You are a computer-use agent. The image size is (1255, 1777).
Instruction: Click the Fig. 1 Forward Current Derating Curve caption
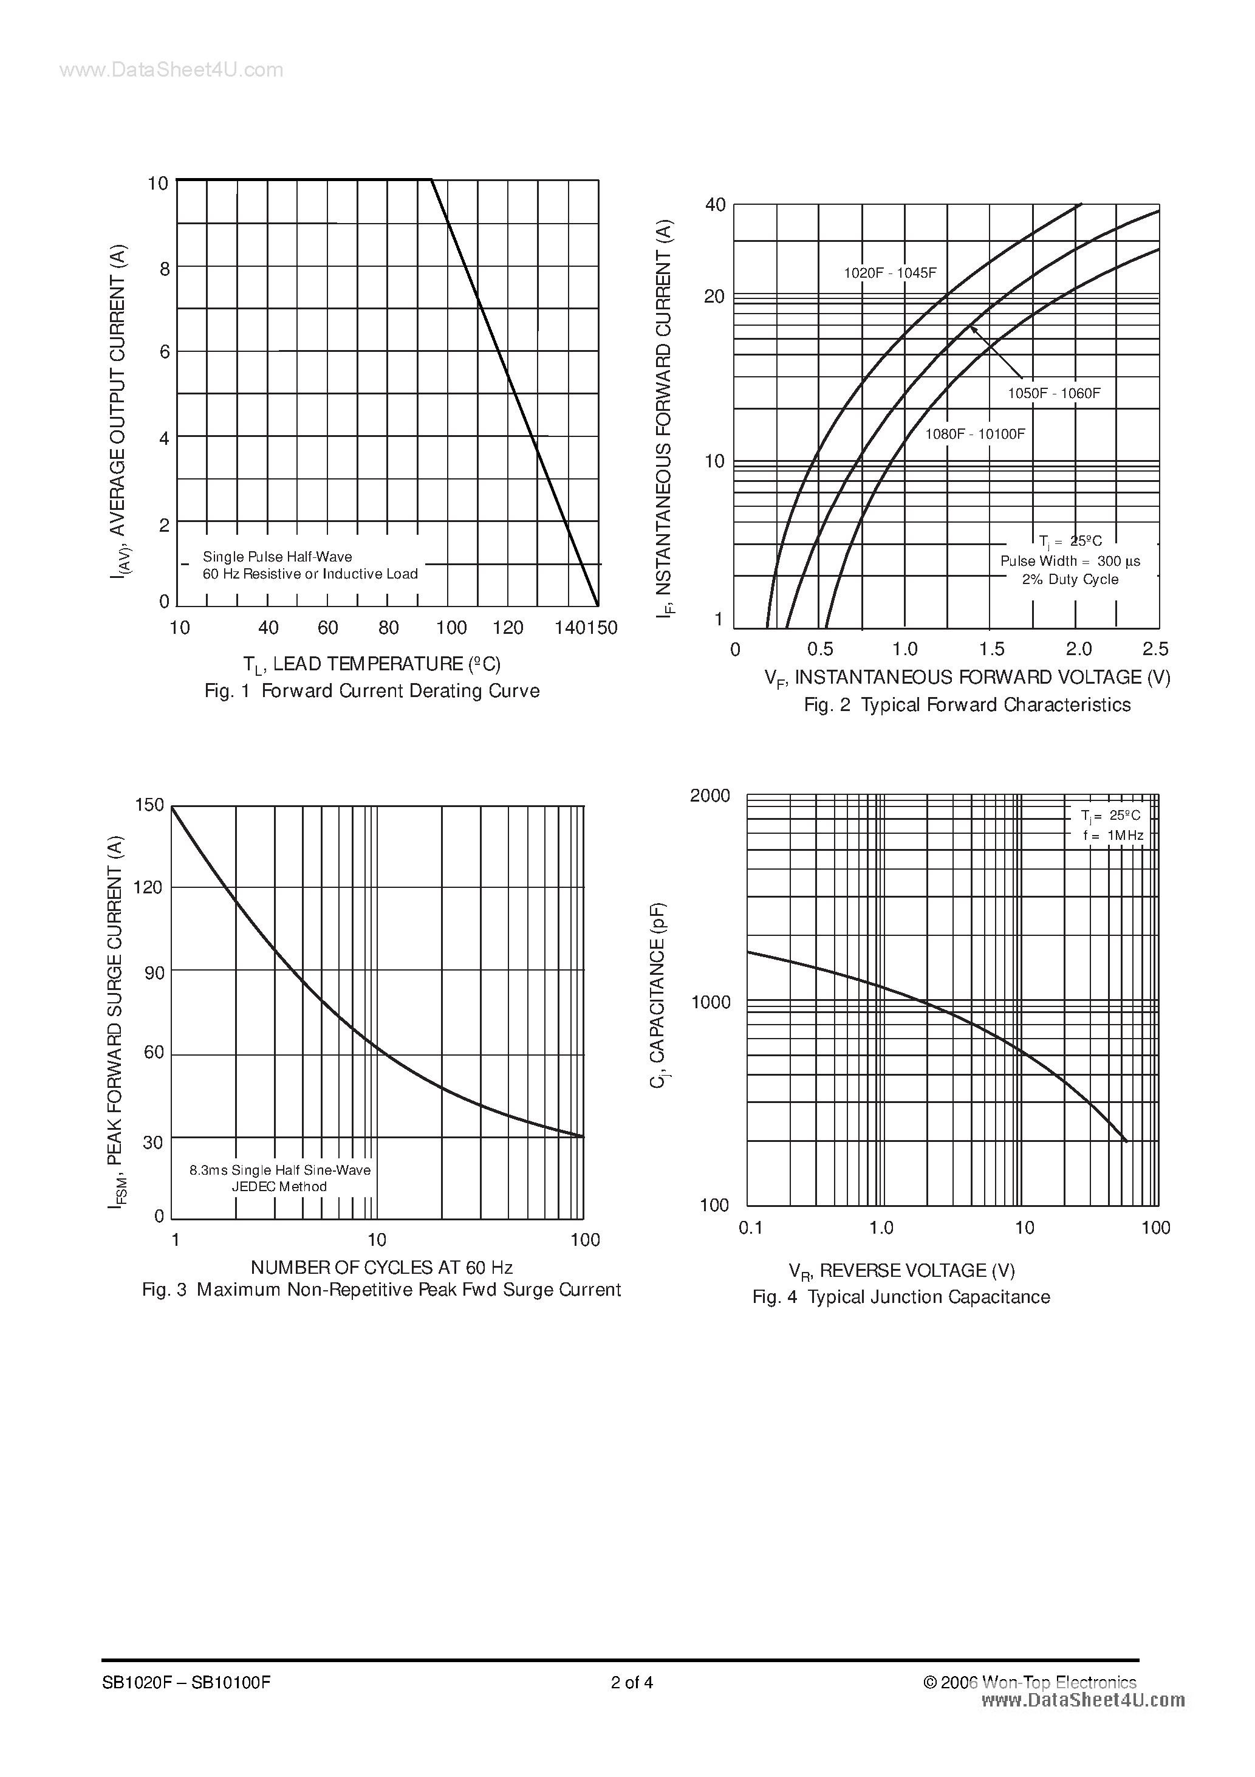pyautogui.click(x=371, y=690)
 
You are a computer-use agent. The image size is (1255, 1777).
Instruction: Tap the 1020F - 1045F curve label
pyautogui.click(x=890, y=273)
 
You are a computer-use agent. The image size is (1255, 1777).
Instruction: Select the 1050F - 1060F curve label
pyautogui.click(x=1053, y=393)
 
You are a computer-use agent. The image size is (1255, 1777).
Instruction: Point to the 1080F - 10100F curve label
pyautogui.click(x=975, y=434)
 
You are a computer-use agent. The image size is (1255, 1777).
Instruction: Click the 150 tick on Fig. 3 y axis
pyautogui.click(x=149, y=805)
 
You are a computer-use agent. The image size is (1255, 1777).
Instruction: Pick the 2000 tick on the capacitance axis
pyautogui.click(x=710, y=796)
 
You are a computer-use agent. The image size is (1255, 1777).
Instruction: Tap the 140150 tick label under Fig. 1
pyautogui.click(x=586, y=628)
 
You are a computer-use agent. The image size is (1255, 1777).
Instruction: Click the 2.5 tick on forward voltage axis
pyautogui.click(x=1155, y=648)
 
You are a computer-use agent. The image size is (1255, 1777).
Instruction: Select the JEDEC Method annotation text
pyautogui.click(x=279, y=1186)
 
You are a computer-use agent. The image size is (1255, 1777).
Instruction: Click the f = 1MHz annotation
pyautogui.click(x=1113, y=835)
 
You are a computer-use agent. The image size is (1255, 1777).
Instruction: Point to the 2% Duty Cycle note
pyautogui.click(x=1070, y=580)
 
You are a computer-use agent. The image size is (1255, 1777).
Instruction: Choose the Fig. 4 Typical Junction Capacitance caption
pyautogui.click(x=901, y=1297)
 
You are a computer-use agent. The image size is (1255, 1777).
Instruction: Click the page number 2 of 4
pyautogui.click(x=632, y=1682)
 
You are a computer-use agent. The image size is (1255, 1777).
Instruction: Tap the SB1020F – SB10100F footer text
pyautogui.click(x=186, y=1682)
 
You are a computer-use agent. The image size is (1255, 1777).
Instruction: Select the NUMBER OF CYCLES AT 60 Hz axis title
pyautogui.click(x=381, y=1267)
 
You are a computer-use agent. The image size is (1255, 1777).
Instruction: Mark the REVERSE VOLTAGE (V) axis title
pyautogui.click(x=901, y=1271)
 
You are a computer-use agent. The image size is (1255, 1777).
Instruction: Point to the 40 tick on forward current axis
pyautogui.click(x=715, y=205)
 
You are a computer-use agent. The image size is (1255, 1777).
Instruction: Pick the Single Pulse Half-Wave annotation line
pyautogui.click(x=277, y=557)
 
